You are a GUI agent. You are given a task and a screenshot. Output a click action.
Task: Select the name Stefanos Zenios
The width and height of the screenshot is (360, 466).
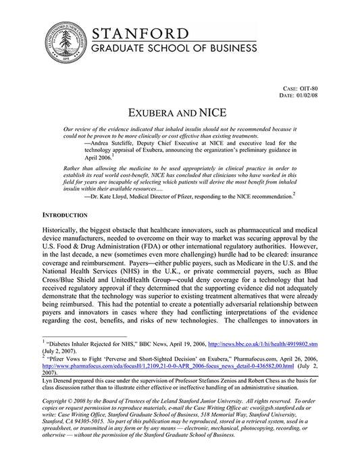237,380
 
